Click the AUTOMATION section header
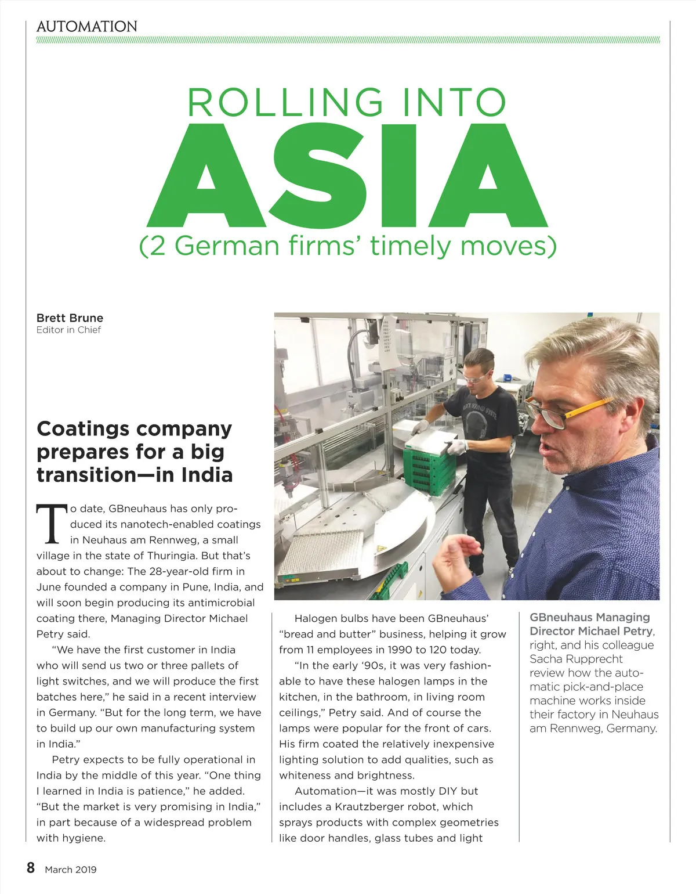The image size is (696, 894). pyautogui.click(x=87, y=27)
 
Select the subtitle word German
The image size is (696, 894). pyautogui.click(x=227, y=246)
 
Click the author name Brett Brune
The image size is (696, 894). pyautogui.click(x=70, y=318)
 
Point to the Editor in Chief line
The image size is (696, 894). pyautogui.click(x=68, y=330)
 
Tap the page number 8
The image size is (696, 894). pyautogui.click(x=31, y=868)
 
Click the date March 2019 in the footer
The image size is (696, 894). pyautogui.click(x=71, y=870)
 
